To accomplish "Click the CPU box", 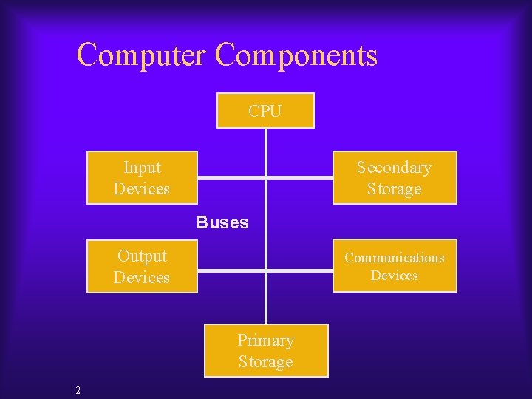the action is tap(265, 111).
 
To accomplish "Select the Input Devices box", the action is tap(142, 178).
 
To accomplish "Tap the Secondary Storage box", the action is tap(394, 178).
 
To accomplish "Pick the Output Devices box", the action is tap(142, 267).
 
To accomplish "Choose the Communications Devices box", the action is tap(395, 266).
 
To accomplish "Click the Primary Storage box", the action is tap(265, 351).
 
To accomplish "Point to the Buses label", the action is tap(222, 222).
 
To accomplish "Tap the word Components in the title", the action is tap(297, 55).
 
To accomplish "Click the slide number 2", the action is tap(78, 390).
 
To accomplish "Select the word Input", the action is tap(142, 168).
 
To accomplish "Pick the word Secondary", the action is tap(394, 168).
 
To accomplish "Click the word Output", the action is tap(142, 256).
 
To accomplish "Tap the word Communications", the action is tap(395, 258).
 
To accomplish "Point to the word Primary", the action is tap(265, 341).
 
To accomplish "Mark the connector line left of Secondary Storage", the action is tap(299, 178).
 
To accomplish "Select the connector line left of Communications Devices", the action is tap(299, 271).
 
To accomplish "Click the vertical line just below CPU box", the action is tap(265, 148).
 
